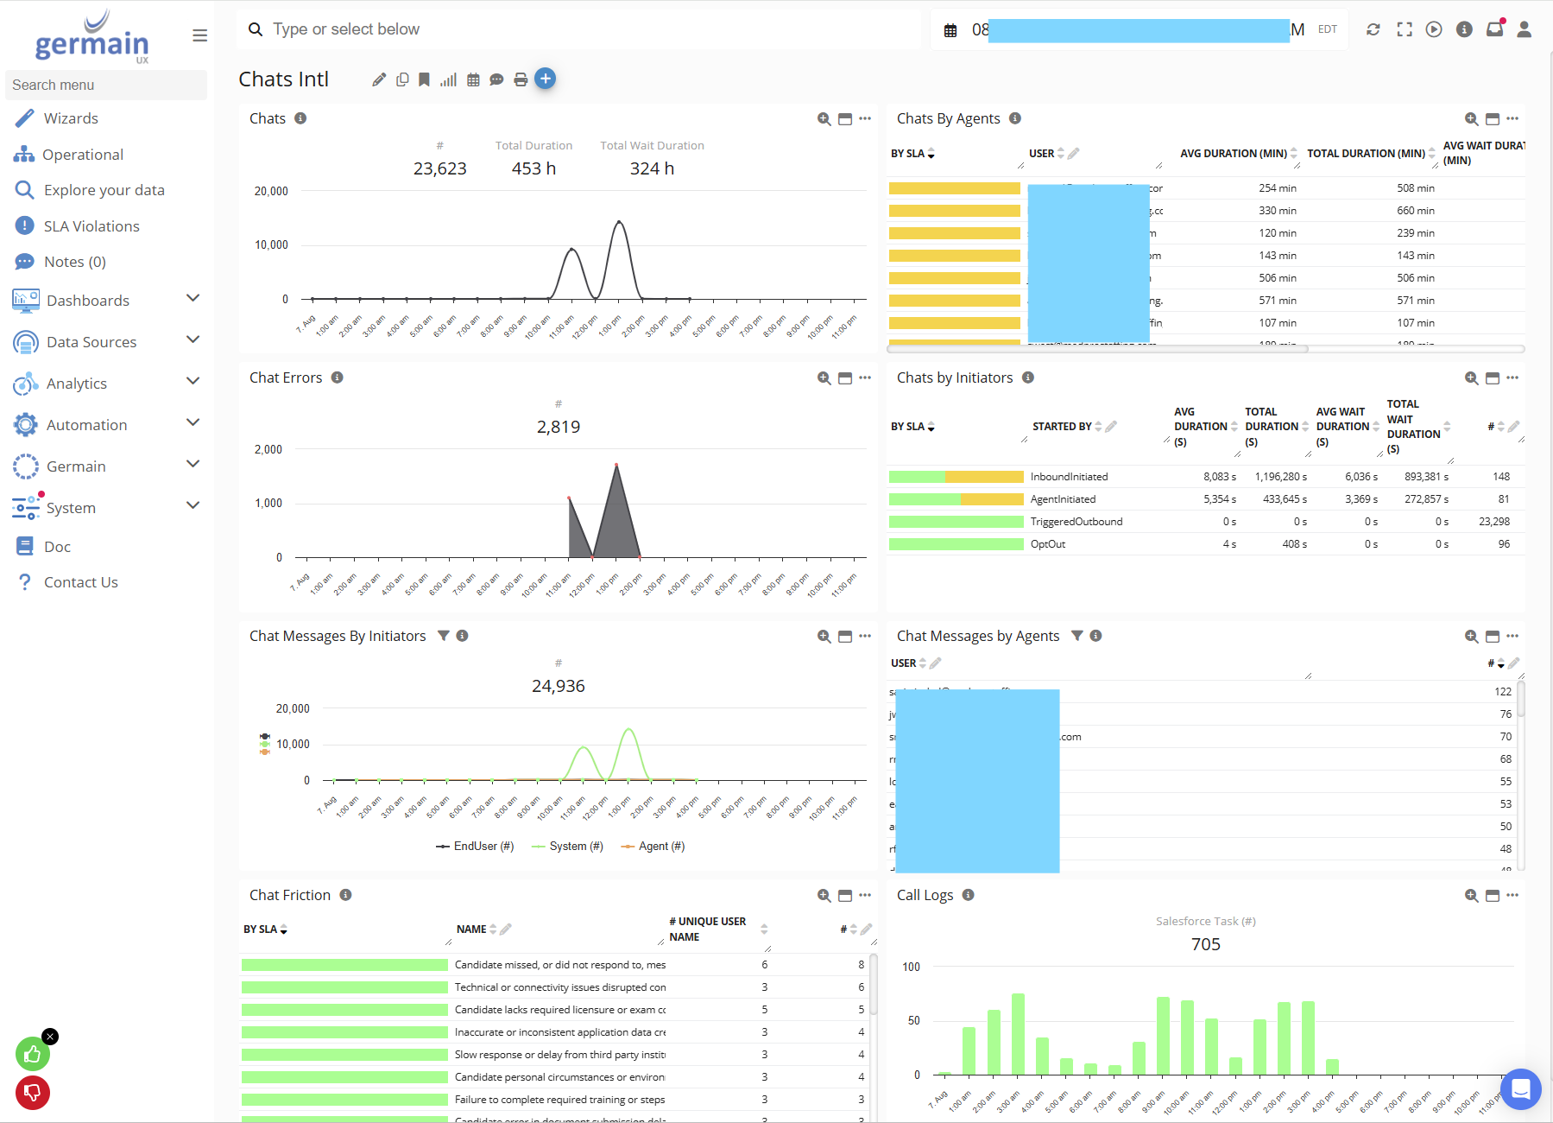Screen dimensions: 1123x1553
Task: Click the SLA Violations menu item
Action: [x=91, y=226]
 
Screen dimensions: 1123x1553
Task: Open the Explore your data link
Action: [x=104, y=190]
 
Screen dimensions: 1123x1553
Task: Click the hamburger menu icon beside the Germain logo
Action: [x=199, y=35]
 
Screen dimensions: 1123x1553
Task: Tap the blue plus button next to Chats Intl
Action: [x=545, y=79]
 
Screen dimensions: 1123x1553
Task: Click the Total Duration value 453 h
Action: [x=533, y=168]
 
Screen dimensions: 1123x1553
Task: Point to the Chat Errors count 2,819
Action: [x=559, y=427]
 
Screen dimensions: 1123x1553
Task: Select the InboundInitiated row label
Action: [x=1069, y=477]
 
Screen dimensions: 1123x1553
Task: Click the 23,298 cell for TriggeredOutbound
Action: [x=1493, y=522]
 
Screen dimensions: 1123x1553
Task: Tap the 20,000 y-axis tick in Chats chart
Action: [x=271, y=191]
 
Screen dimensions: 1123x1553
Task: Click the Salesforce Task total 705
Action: [x=1205, y=944]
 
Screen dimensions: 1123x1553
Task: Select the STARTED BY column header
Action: [x=1062, y=427]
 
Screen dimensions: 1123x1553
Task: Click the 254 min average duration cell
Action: [x=1277, y=188]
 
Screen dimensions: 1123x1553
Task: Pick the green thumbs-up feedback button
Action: [x=32, y=1054]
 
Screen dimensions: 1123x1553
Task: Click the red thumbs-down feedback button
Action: [x=32, y=1093]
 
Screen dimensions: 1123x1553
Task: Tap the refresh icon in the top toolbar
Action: [x=1373, y=29]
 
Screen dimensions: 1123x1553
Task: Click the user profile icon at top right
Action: [x=1524, y=29]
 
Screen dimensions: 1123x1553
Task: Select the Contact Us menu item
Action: [x=80, y=582]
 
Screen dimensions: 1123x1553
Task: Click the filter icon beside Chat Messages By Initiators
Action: [x=443, y=636]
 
